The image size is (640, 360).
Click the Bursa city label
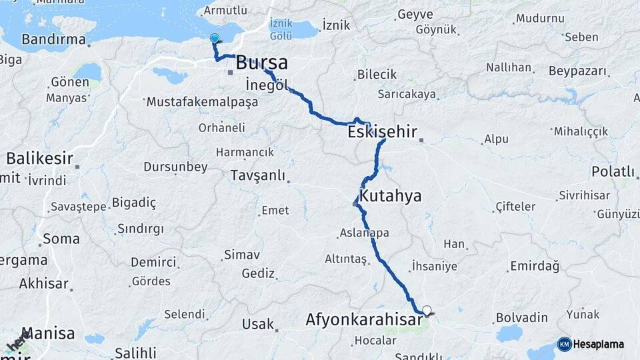click(262, 63)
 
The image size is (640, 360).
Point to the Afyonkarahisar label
click(364, 320)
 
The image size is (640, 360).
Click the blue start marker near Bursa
click(214, 39)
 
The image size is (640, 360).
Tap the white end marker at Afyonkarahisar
click(427, 309)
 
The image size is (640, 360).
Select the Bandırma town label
click(54, 39)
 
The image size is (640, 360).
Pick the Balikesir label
click(39, 159)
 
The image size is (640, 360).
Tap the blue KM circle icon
click(565, 344)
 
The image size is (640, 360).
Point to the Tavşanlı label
click(257, 176)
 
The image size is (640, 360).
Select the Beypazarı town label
click(579, 71)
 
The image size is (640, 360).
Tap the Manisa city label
click(49, 333)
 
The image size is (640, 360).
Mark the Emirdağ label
click(534, 266)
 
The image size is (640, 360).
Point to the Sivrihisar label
click(585, 195)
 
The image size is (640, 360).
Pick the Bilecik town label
click(377, 75)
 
